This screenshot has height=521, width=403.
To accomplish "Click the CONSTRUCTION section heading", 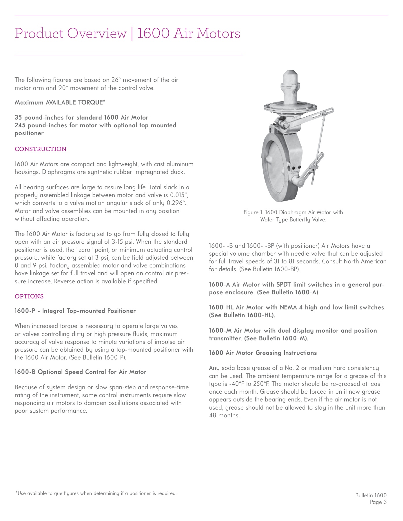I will [41, 149].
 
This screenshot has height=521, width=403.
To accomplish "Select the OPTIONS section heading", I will [29, 296].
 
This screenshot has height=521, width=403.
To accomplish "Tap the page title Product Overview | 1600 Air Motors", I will [127, 34].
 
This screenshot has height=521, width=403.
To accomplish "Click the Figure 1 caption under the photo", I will [293, 216].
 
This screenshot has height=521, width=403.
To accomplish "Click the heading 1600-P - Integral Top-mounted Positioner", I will [75, 311].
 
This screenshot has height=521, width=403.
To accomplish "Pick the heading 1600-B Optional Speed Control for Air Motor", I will [81, 372].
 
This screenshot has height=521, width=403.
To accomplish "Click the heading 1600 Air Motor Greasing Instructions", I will [263, 353].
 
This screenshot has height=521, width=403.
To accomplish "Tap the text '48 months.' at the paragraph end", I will [224, 416].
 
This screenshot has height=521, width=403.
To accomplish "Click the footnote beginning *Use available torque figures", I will [96, 493].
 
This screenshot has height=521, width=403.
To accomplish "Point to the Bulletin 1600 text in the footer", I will [371, 495].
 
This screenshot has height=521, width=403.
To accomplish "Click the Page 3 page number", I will [378, 502].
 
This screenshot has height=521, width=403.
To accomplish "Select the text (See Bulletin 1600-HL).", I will [242, 315].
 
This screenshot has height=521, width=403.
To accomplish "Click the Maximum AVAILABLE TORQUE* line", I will [60, 102].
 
